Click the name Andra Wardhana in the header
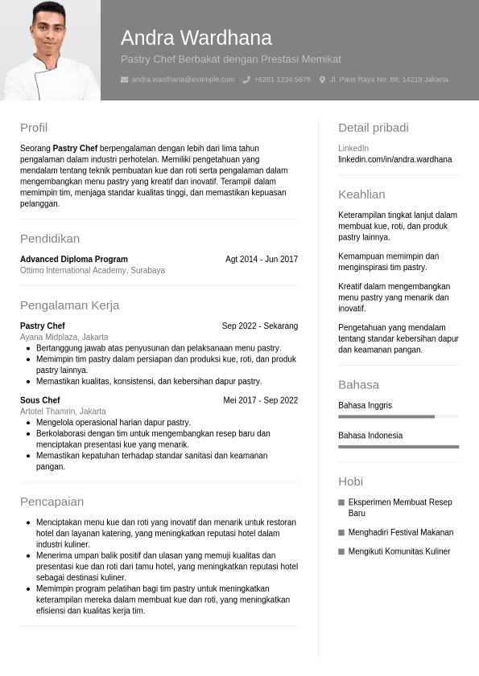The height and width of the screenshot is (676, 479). (x=196, y=38)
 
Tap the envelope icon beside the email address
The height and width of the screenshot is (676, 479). (x=124, y=80)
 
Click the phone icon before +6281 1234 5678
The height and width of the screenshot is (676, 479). (x=246, y=80)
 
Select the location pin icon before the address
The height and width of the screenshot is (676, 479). (x=322, y=80)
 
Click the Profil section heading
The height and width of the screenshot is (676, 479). (x=34, y=128)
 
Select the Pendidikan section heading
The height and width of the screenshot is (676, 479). (x=50, y=239)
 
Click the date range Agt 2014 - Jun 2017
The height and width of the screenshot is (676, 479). (x=262, y=260)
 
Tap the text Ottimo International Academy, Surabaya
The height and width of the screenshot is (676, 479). (x=93, y=271)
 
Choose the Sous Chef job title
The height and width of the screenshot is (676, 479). (x=40, y=400)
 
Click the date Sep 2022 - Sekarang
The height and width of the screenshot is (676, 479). (x=260, y=326)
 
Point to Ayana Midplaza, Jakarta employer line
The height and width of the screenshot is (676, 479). (x=64, y=338)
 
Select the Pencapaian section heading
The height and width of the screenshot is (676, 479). (x=52, y=502)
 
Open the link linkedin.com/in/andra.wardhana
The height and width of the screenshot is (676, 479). (x=394, y=159)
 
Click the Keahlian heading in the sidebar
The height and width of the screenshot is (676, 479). (x=361, y=195)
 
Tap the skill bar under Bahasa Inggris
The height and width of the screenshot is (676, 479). (x=398, y=416)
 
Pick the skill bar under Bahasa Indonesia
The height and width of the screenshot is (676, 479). (x=398, y=447)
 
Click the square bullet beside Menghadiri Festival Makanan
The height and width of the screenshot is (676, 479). (x=341, y=533)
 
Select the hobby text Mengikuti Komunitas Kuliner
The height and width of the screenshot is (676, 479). (x=399, y=551)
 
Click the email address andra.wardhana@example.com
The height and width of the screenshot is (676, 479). (x=184, y=80)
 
